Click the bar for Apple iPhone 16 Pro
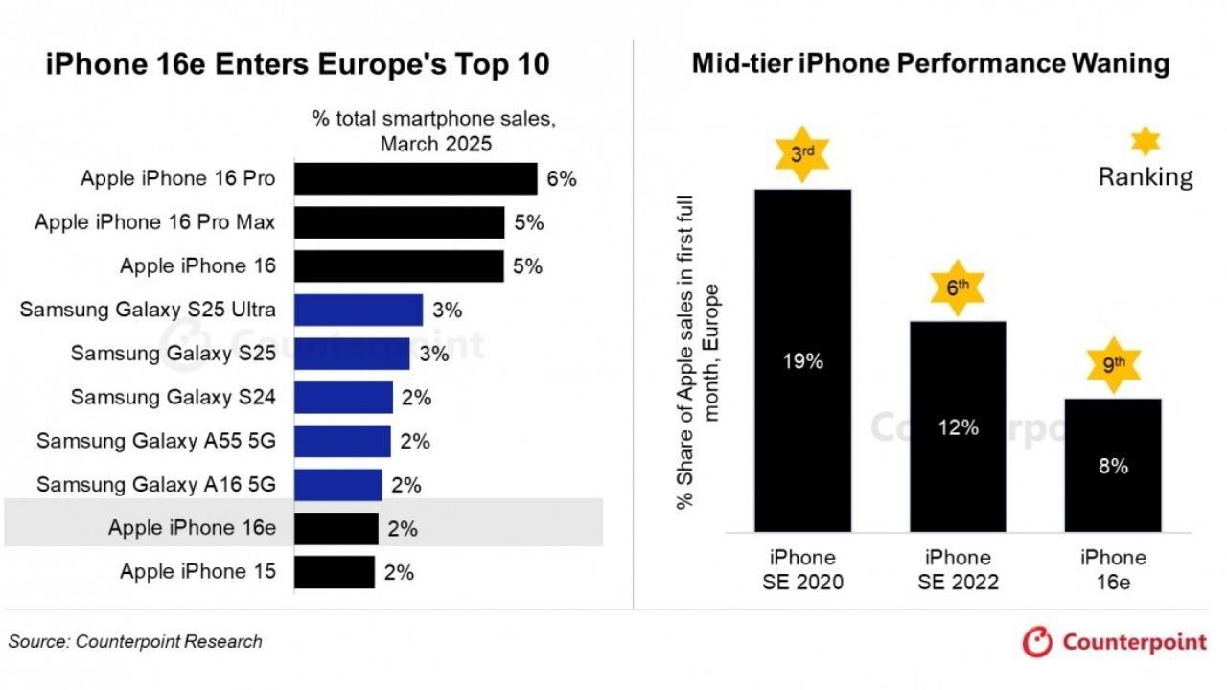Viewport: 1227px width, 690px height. point(415,179)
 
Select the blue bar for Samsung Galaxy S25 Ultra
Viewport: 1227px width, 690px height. point(359,310)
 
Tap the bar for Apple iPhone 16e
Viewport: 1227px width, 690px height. point(336,528)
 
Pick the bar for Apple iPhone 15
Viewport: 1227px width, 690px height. point(335,572)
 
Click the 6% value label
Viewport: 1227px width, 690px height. point(561,179)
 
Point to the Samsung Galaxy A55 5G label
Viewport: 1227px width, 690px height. point(156,441)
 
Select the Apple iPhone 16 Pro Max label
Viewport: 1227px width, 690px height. point(155,222)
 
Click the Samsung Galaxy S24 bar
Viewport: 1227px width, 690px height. point(343,397)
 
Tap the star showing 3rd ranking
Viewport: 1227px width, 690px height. point(802,153)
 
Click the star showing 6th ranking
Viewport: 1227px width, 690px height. point(958,287)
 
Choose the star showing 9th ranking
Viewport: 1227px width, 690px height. point(1113,364)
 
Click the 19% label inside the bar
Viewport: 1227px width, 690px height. point(802,361)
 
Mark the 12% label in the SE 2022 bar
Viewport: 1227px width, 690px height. point(958,427)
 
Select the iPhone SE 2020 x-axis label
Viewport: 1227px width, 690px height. point(802,569)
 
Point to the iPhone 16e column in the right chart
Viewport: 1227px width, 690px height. point(1113,465)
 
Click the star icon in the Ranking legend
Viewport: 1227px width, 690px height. point(1145,142)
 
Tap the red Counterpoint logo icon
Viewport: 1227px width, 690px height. point(1037,642)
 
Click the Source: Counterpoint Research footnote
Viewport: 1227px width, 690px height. point(135,641)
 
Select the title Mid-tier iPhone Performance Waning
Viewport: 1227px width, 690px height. point(930,63)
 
